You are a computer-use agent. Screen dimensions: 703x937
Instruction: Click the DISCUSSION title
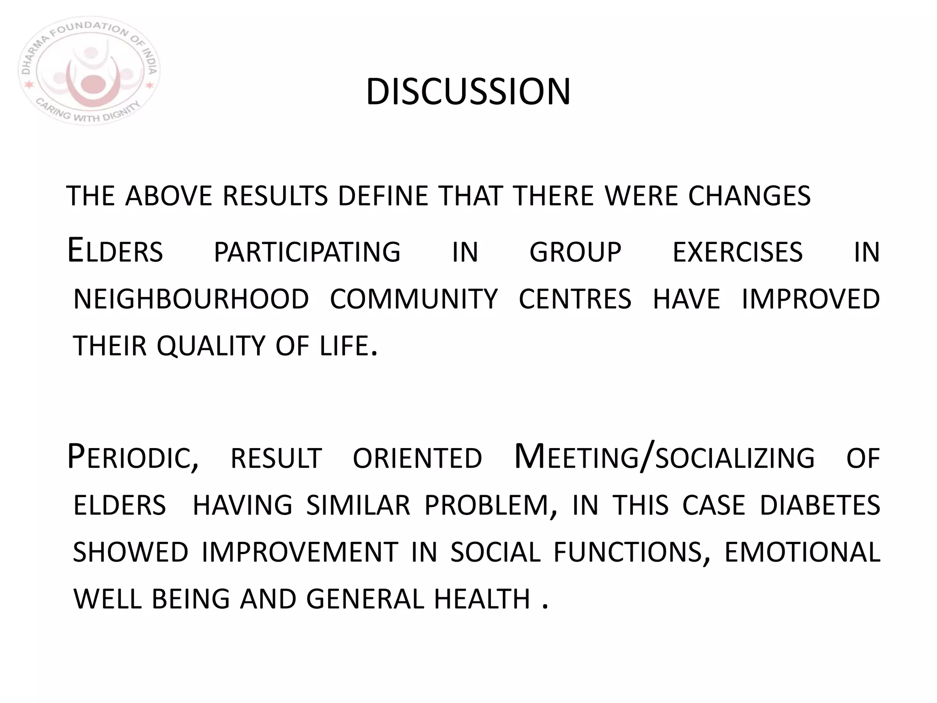pos(468,92)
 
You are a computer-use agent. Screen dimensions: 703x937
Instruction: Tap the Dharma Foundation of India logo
pos(89,71)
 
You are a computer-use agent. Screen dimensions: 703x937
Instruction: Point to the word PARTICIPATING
pos(307,252)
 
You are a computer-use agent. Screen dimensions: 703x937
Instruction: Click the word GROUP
pos(576,252)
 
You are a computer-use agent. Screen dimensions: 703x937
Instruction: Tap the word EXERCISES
pos(738,252)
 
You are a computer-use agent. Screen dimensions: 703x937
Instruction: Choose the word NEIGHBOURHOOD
pos(191,299)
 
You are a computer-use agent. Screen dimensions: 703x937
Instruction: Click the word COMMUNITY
pos(414,299)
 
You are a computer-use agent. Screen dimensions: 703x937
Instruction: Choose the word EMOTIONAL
pos(802,552)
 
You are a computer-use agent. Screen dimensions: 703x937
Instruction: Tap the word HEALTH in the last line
pos(482,599)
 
